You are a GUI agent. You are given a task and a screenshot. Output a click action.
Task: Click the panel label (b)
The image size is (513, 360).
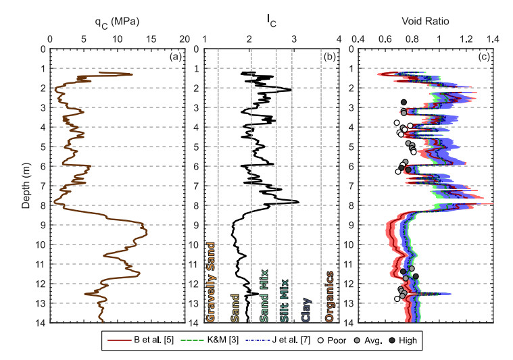point(330,57)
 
